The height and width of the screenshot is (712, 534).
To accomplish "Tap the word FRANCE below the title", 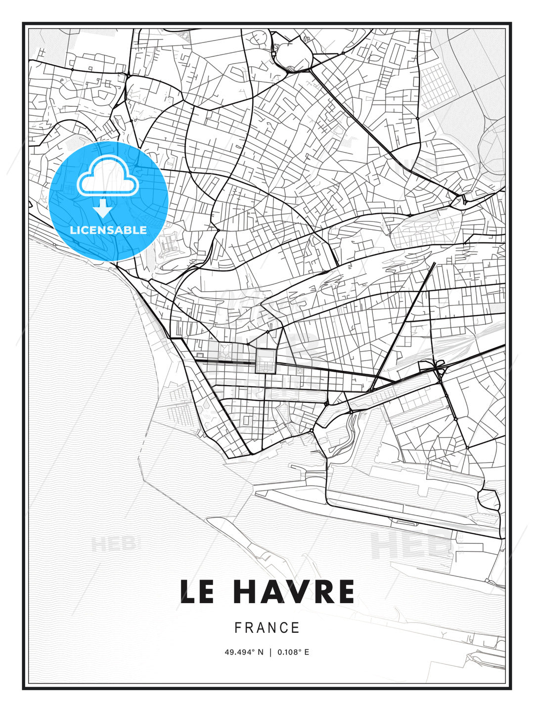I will [x=267, y=628].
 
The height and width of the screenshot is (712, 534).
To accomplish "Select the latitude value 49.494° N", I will [x=244, y=652].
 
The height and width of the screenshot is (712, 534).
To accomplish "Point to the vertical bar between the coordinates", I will [x=270, y=652].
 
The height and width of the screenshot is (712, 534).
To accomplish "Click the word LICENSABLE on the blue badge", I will [x=108, y=230].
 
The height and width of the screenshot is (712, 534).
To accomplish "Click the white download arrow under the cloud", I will [x=103, y=208].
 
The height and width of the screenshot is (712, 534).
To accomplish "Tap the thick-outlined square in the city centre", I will [x=265, y=361].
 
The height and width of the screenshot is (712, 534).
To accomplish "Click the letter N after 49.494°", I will [x=261, y=652].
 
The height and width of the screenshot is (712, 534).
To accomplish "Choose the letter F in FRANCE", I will [x=238, y=628].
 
